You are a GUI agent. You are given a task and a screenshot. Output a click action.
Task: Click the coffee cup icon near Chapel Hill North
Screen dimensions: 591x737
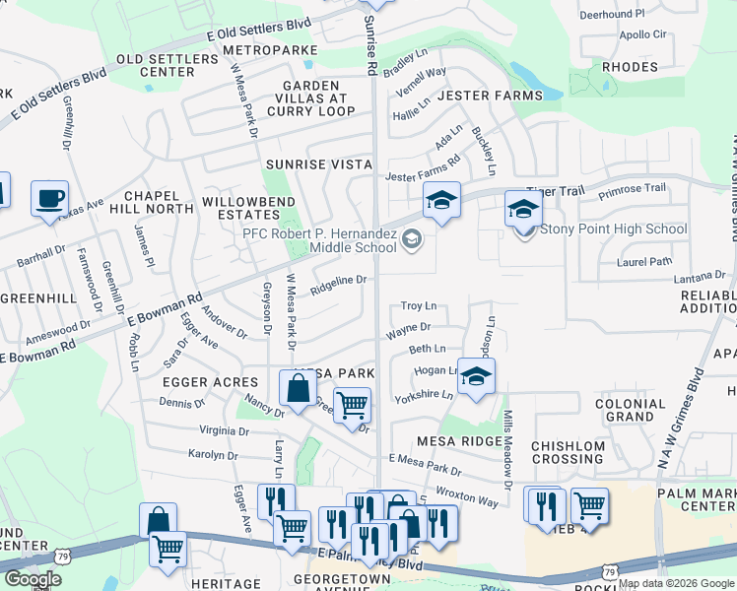(49, 199)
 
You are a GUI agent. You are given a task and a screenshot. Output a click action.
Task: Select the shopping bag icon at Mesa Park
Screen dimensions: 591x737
(298, 389)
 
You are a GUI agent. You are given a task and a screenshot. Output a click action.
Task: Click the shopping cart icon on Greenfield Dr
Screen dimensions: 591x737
(352, 405)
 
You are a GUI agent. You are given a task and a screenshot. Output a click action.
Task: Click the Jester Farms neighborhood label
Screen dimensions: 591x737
(490, 96)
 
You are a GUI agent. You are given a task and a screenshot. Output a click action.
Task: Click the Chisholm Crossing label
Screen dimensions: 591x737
(568, 452)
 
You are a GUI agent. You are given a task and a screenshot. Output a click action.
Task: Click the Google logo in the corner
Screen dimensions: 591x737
(33, 578)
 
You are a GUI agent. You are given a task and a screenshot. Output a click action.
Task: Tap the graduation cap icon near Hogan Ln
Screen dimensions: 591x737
(476, 377)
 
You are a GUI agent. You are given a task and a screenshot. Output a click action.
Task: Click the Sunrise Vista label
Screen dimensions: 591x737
(318, 164)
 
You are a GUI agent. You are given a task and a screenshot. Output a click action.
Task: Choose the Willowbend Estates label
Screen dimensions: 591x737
(240, 207)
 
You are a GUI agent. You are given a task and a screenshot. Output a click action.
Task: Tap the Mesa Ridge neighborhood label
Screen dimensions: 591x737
(459, 441)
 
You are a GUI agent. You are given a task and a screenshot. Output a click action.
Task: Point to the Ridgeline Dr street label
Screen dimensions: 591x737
(338, 281)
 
